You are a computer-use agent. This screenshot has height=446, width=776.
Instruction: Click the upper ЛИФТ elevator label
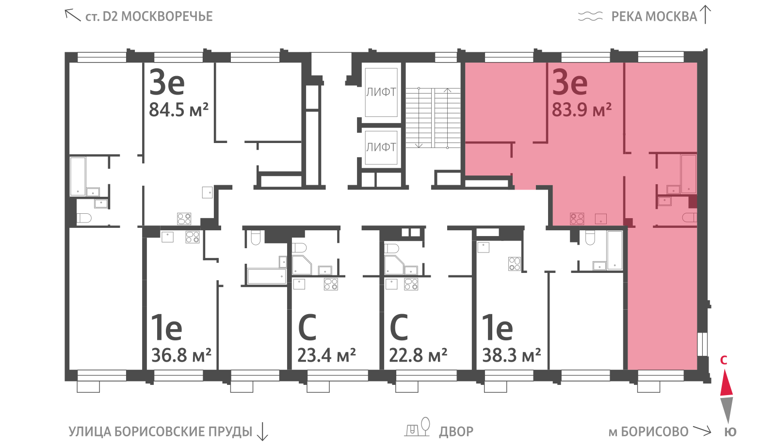tap(381, 92)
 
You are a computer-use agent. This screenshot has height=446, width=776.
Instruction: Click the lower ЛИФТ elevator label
tap(381, 147)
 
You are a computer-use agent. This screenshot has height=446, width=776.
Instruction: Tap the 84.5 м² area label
tap(179, 110)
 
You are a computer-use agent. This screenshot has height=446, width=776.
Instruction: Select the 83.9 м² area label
tap(582, 110)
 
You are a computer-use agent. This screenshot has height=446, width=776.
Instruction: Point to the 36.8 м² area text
tap(181, 355)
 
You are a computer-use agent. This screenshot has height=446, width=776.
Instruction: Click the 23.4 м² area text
tap(327, 355)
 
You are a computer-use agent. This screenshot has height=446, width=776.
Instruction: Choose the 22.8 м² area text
tap(418, 355)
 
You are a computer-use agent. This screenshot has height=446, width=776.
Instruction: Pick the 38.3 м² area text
tap(512, 355)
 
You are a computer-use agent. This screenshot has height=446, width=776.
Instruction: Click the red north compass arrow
tap(727, 383)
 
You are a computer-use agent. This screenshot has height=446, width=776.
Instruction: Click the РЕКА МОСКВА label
tap(654, 16)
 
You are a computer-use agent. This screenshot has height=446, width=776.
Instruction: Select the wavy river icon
tap(590, 16)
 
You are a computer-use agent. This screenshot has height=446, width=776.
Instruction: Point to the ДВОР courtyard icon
tap(418, 427)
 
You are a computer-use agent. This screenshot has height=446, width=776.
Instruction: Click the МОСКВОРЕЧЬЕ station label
tap(167, 16)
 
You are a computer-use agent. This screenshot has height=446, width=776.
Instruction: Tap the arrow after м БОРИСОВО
tap(702, 430)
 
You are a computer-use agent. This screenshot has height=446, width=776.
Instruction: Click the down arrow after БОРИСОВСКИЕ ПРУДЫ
tap(262, 431)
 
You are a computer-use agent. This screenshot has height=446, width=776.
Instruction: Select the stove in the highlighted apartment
tap(577, 219)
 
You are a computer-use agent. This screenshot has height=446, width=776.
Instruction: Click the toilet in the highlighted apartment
tap(689, 218)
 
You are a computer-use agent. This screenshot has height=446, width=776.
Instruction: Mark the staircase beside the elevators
tap(433, 118)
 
